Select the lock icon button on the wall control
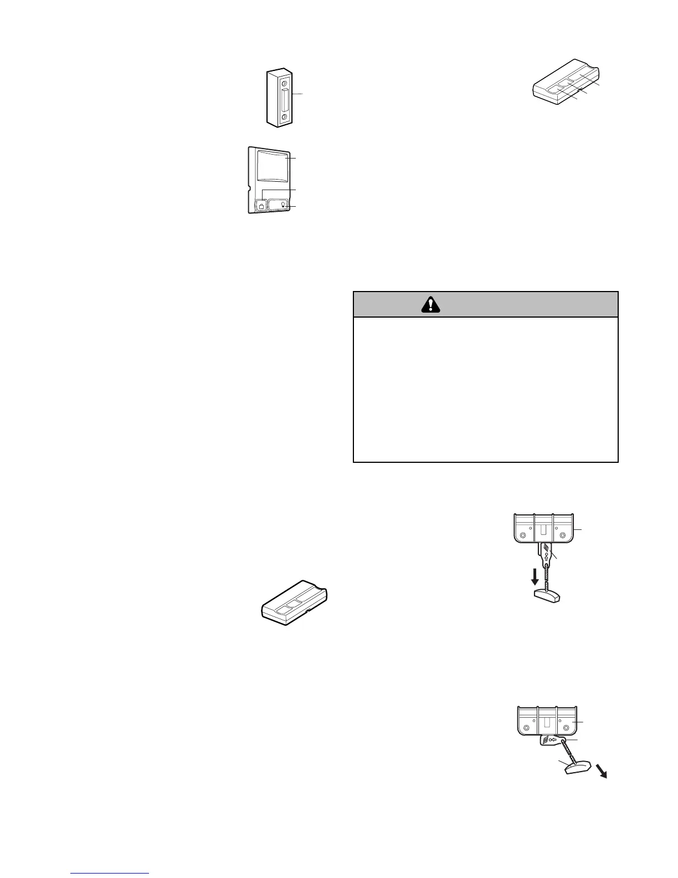click(x=261, y=206)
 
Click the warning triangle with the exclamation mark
click(x=430, y=304)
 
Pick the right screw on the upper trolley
click(x=563, y=536)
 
